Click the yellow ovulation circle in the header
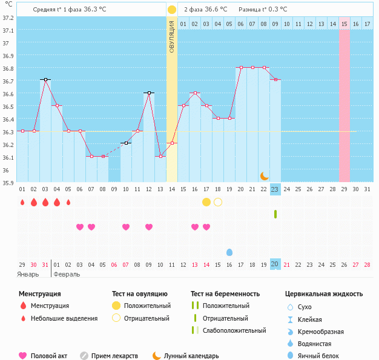(172, 10)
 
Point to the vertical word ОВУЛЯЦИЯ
(172, 36)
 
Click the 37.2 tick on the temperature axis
(8, 18)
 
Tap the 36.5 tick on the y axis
(8, 106)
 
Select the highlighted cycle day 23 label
(275, 189)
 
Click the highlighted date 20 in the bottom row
(275, 264)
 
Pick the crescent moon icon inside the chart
(265, 175)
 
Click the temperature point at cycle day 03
(45, 79)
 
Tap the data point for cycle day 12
(149, 93)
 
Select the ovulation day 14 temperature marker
(172, 143)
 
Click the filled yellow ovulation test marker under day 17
(206, 202)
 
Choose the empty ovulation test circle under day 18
(218, 202)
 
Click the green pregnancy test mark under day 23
(275, 214)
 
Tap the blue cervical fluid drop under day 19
(229, 252)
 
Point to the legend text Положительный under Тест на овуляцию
(147, 306)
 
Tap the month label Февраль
(67, 274)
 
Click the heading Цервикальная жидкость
(324, 293)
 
